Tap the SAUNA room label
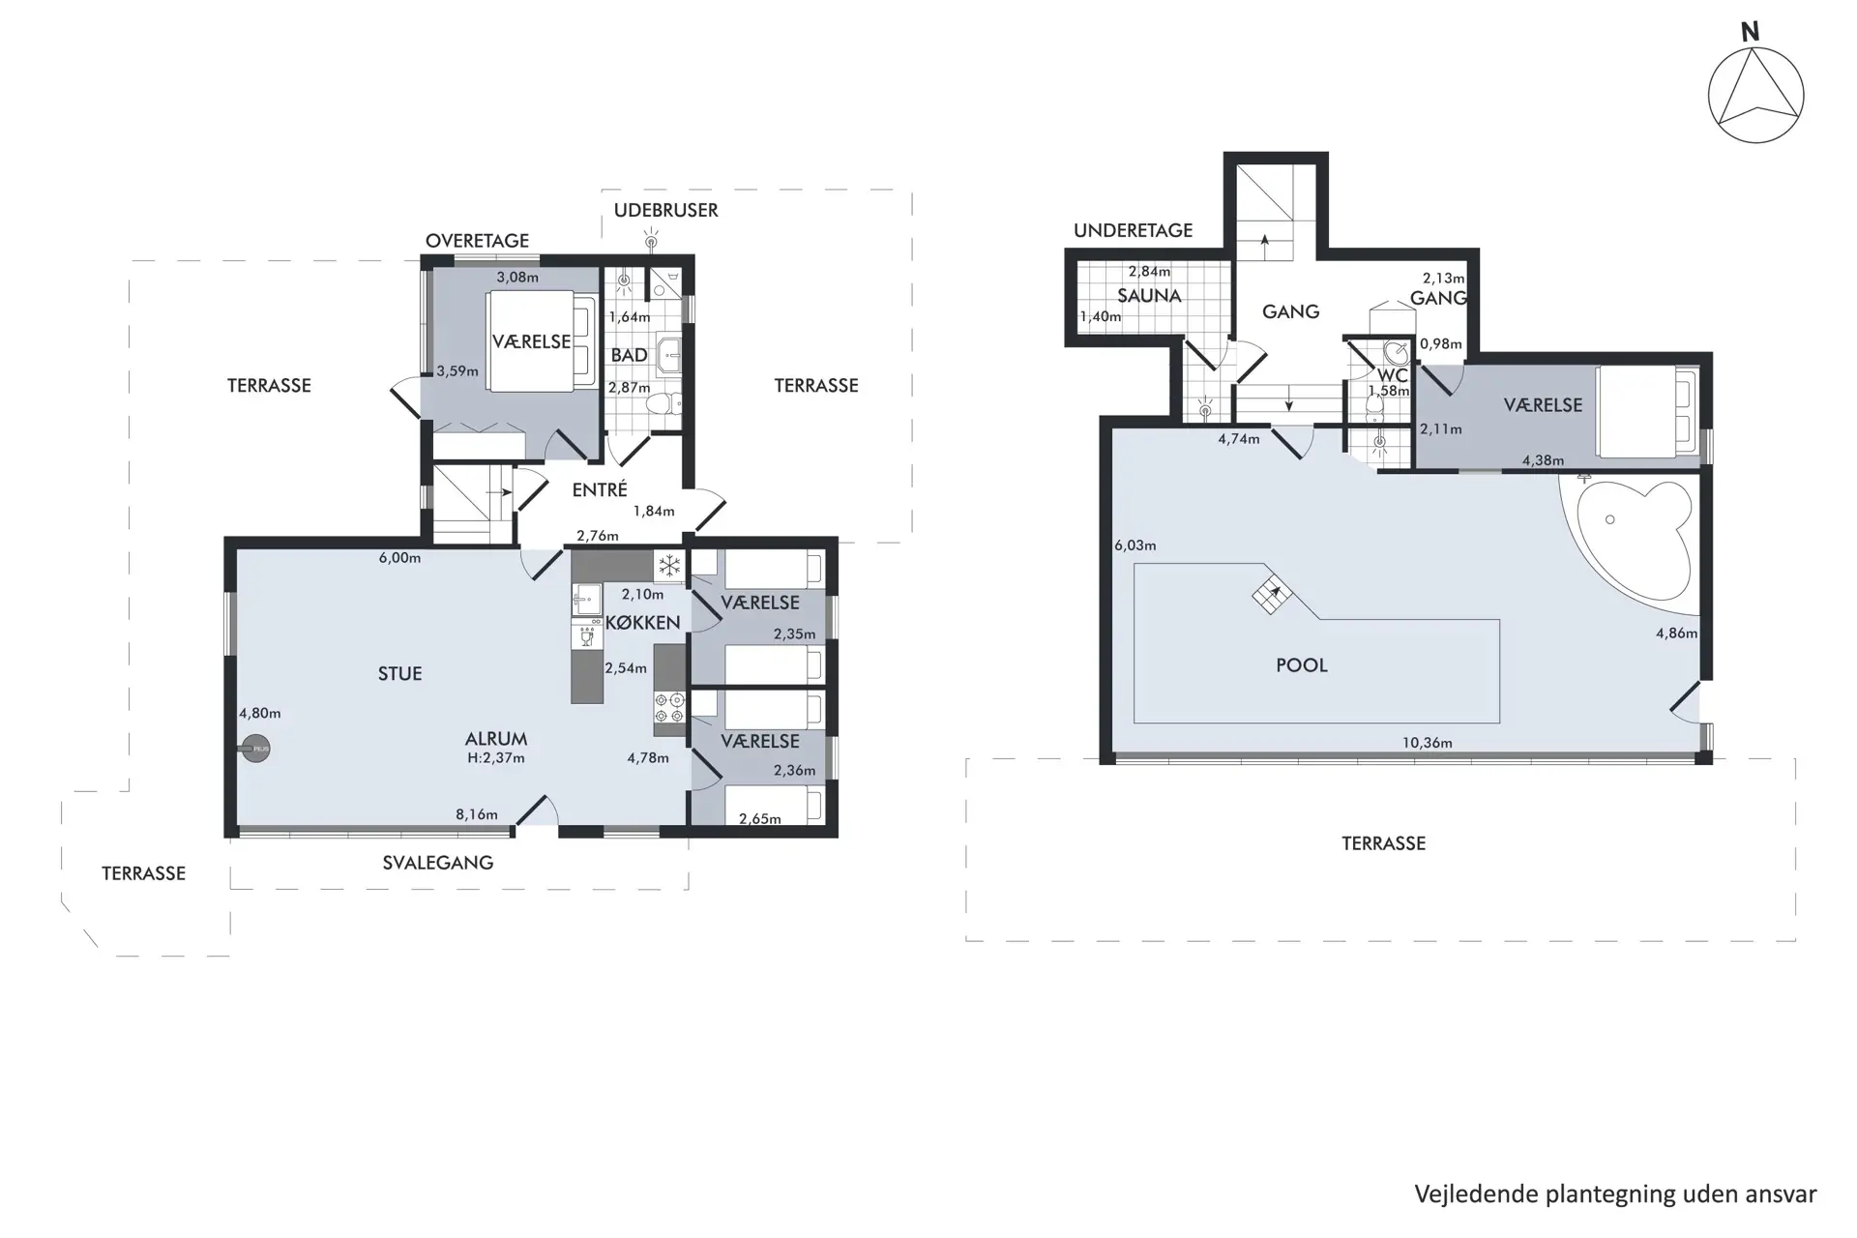pyautogui.click(x=1149, y=296)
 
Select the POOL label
pyautogui.click(x=1302, y=665)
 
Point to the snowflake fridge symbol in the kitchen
pyautogui.click(x=669, y=566)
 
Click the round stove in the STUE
pyautogui.click(x=256, y=749)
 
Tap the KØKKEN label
pyautogui.click(x=643, y=623)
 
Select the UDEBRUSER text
pyautogui.click(x=666, y=210)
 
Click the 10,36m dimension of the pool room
pyautogui.click(x=1428, y=743)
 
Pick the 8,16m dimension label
pyautogui.click(x=477, y=814)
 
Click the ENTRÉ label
pyautogui.click(x=600, y=490)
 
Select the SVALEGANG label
pyautogui.click(x=438, y=863)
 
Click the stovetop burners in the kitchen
pyautogui.click(x=669, y=707)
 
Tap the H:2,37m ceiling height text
pyautogui.click(x=496, y=758)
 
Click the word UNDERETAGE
pyautogui.click(x=1134, y=230)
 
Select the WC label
pyautogui.click(x=1393, y=375)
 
